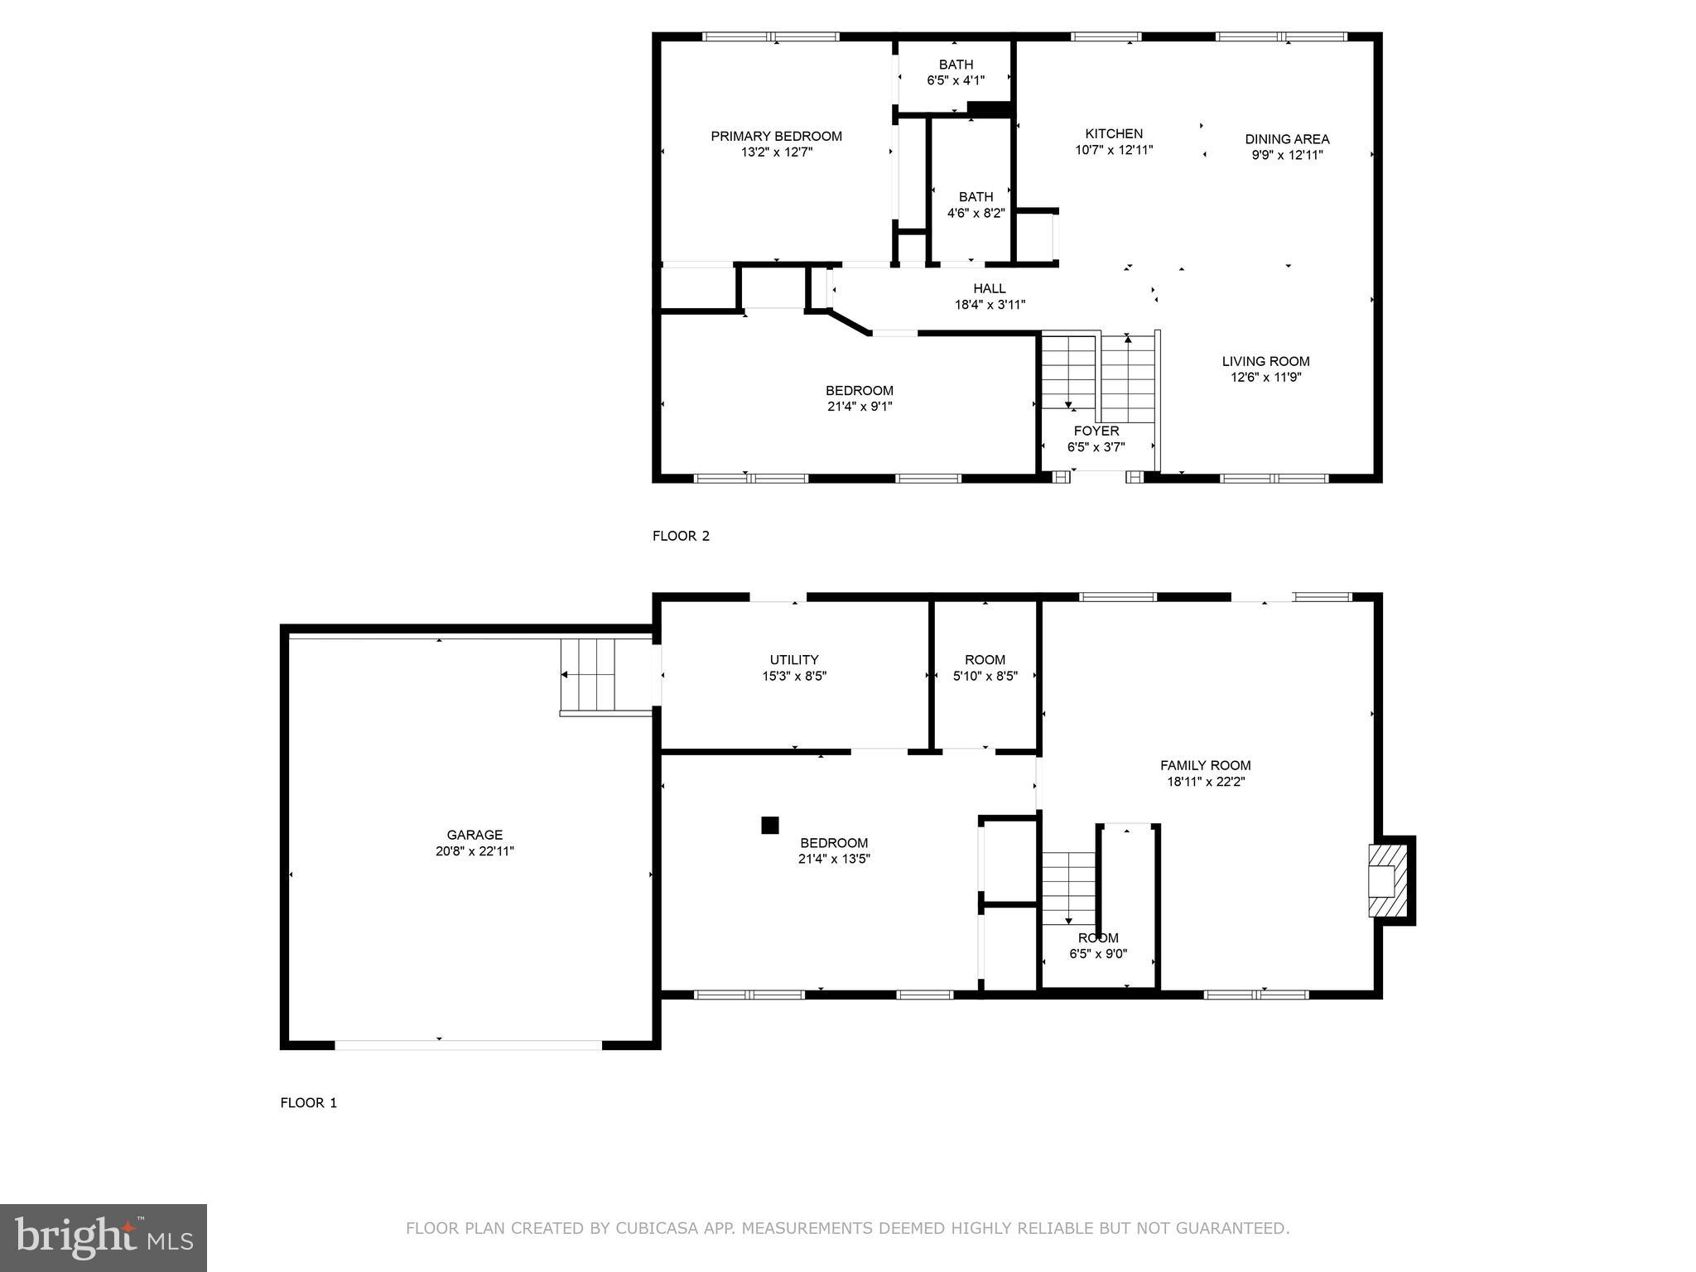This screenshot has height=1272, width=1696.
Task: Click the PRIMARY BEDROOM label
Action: (776, 137)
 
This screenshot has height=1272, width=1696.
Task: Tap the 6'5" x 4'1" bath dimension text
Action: (955, 81)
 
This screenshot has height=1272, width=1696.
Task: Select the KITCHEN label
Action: (1114, 134)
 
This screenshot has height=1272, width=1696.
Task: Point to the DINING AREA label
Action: (1287, 139)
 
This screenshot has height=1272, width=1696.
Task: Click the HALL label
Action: (990, 289)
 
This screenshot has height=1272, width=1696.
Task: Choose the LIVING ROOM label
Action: (1265, 361)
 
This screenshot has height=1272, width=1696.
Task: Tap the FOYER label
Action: (1096, 431)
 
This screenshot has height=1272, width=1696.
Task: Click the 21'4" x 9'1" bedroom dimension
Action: (859, 407)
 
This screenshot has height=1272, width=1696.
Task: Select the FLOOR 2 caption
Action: (681, 536)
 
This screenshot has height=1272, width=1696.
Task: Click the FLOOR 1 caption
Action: (308, 1103)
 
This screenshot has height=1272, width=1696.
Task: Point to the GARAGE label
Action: (475, 836)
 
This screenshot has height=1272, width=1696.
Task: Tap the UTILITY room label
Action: (794, 660)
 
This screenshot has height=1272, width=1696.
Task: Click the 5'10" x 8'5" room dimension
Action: (985, 676)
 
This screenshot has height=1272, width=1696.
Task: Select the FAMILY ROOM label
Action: (1205, 766)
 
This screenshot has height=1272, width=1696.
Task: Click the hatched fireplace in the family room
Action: (1388, 880)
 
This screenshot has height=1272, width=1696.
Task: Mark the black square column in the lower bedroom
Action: (770, 825)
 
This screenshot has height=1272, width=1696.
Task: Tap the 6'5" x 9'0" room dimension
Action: (1098, 954)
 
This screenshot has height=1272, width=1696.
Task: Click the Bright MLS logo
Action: (104, 1238)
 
